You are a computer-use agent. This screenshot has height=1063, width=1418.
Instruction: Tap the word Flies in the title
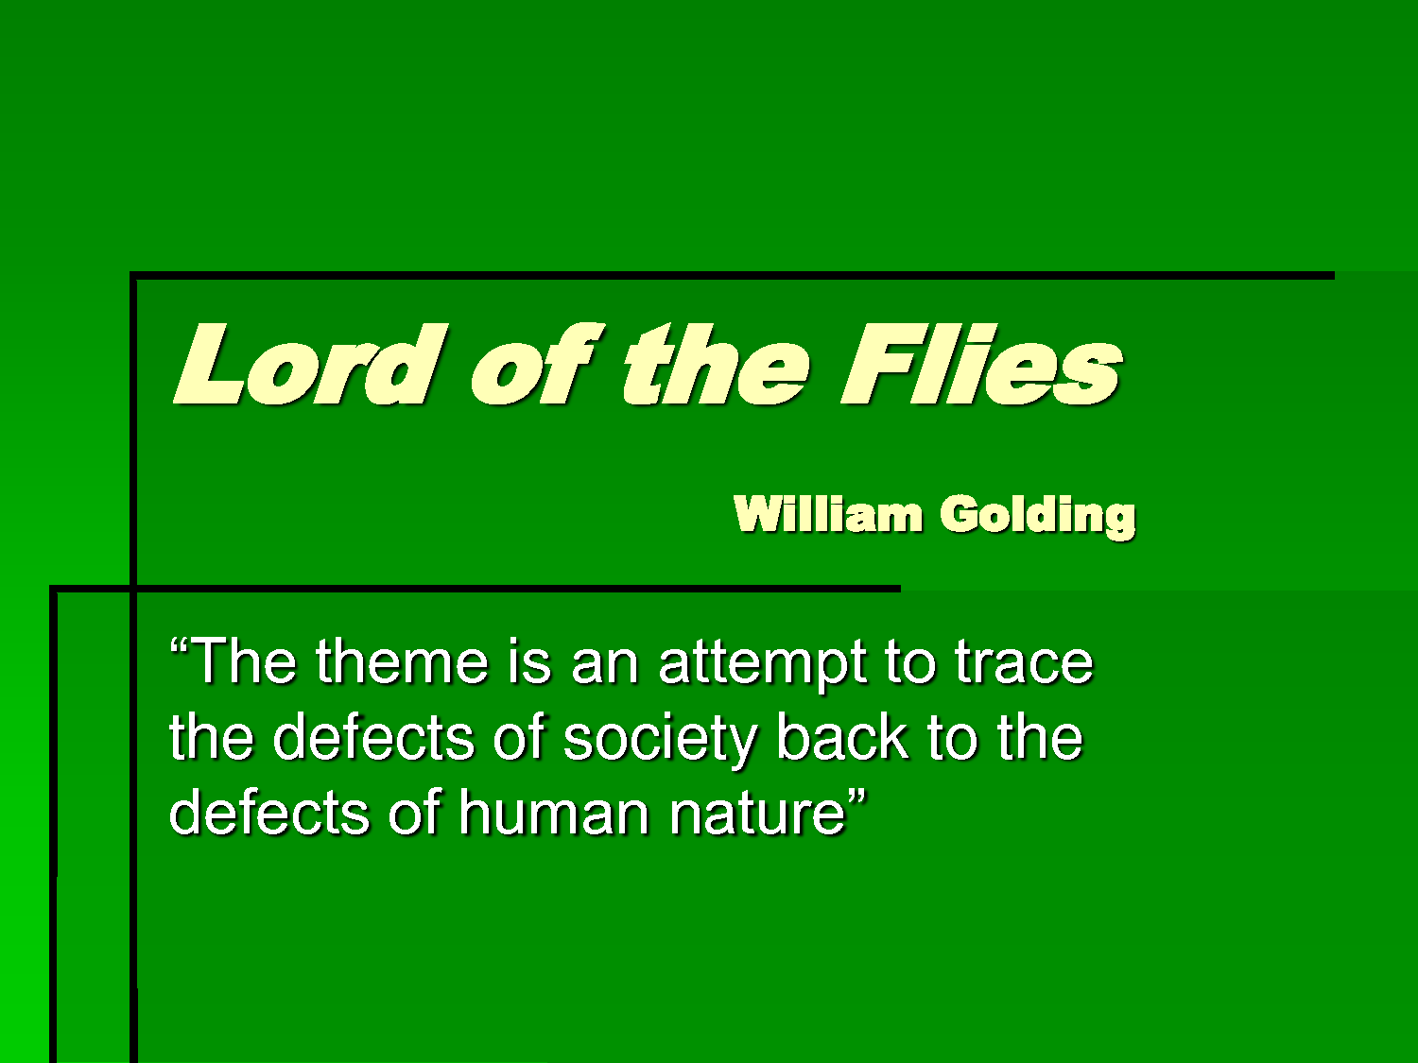(982, 364)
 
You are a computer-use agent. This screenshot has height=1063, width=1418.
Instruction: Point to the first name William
(828, 514)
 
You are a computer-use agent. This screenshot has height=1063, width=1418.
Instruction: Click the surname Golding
(1037, 517)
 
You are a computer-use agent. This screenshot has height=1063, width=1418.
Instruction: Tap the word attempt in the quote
(763, 665)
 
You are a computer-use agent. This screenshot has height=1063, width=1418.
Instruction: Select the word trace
(1024, 663)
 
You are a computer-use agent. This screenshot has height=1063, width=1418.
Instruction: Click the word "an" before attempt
(605, 667)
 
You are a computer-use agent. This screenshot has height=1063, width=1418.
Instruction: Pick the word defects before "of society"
(377, 736)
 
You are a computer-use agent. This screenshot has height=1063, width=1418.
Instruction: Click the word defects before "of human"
(270, 811)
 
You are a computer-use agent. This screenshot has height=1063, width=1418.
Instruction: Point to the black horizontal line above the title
(732, 276)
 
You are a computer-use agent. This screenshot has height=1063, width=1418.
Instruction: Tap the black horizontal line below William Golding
(476, 588)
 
